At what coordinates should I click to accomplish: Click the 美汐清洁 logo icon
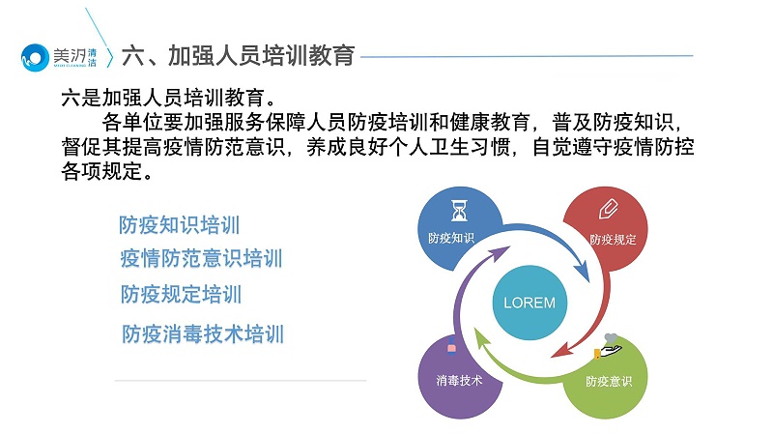[x=34, y=57]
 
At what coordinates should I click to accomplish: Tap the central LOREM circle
[x=530, y=303]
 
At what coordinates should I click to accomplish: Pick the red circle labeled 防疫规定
[x=606, y=227]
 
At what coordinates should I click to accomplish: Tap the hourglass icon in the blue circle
[x=459, y=211]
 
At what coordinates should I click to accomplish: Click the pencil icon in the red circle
[x=609, y=208]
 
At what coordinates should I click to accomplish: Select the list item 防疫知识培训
[x=180, y=225]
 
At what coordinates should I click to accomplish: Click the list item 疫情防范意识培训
[x=201, y=259]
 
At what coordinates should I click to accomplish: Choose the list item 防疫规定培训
[x=181, y=294]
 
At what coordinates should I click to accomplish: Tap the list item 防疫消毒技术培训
[x=203, y=334]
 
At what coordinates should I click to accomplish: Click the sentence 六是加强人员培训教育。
[x=170, y=98]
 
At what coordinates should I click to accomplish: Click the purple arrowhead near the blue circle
[x=499, y=253]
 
